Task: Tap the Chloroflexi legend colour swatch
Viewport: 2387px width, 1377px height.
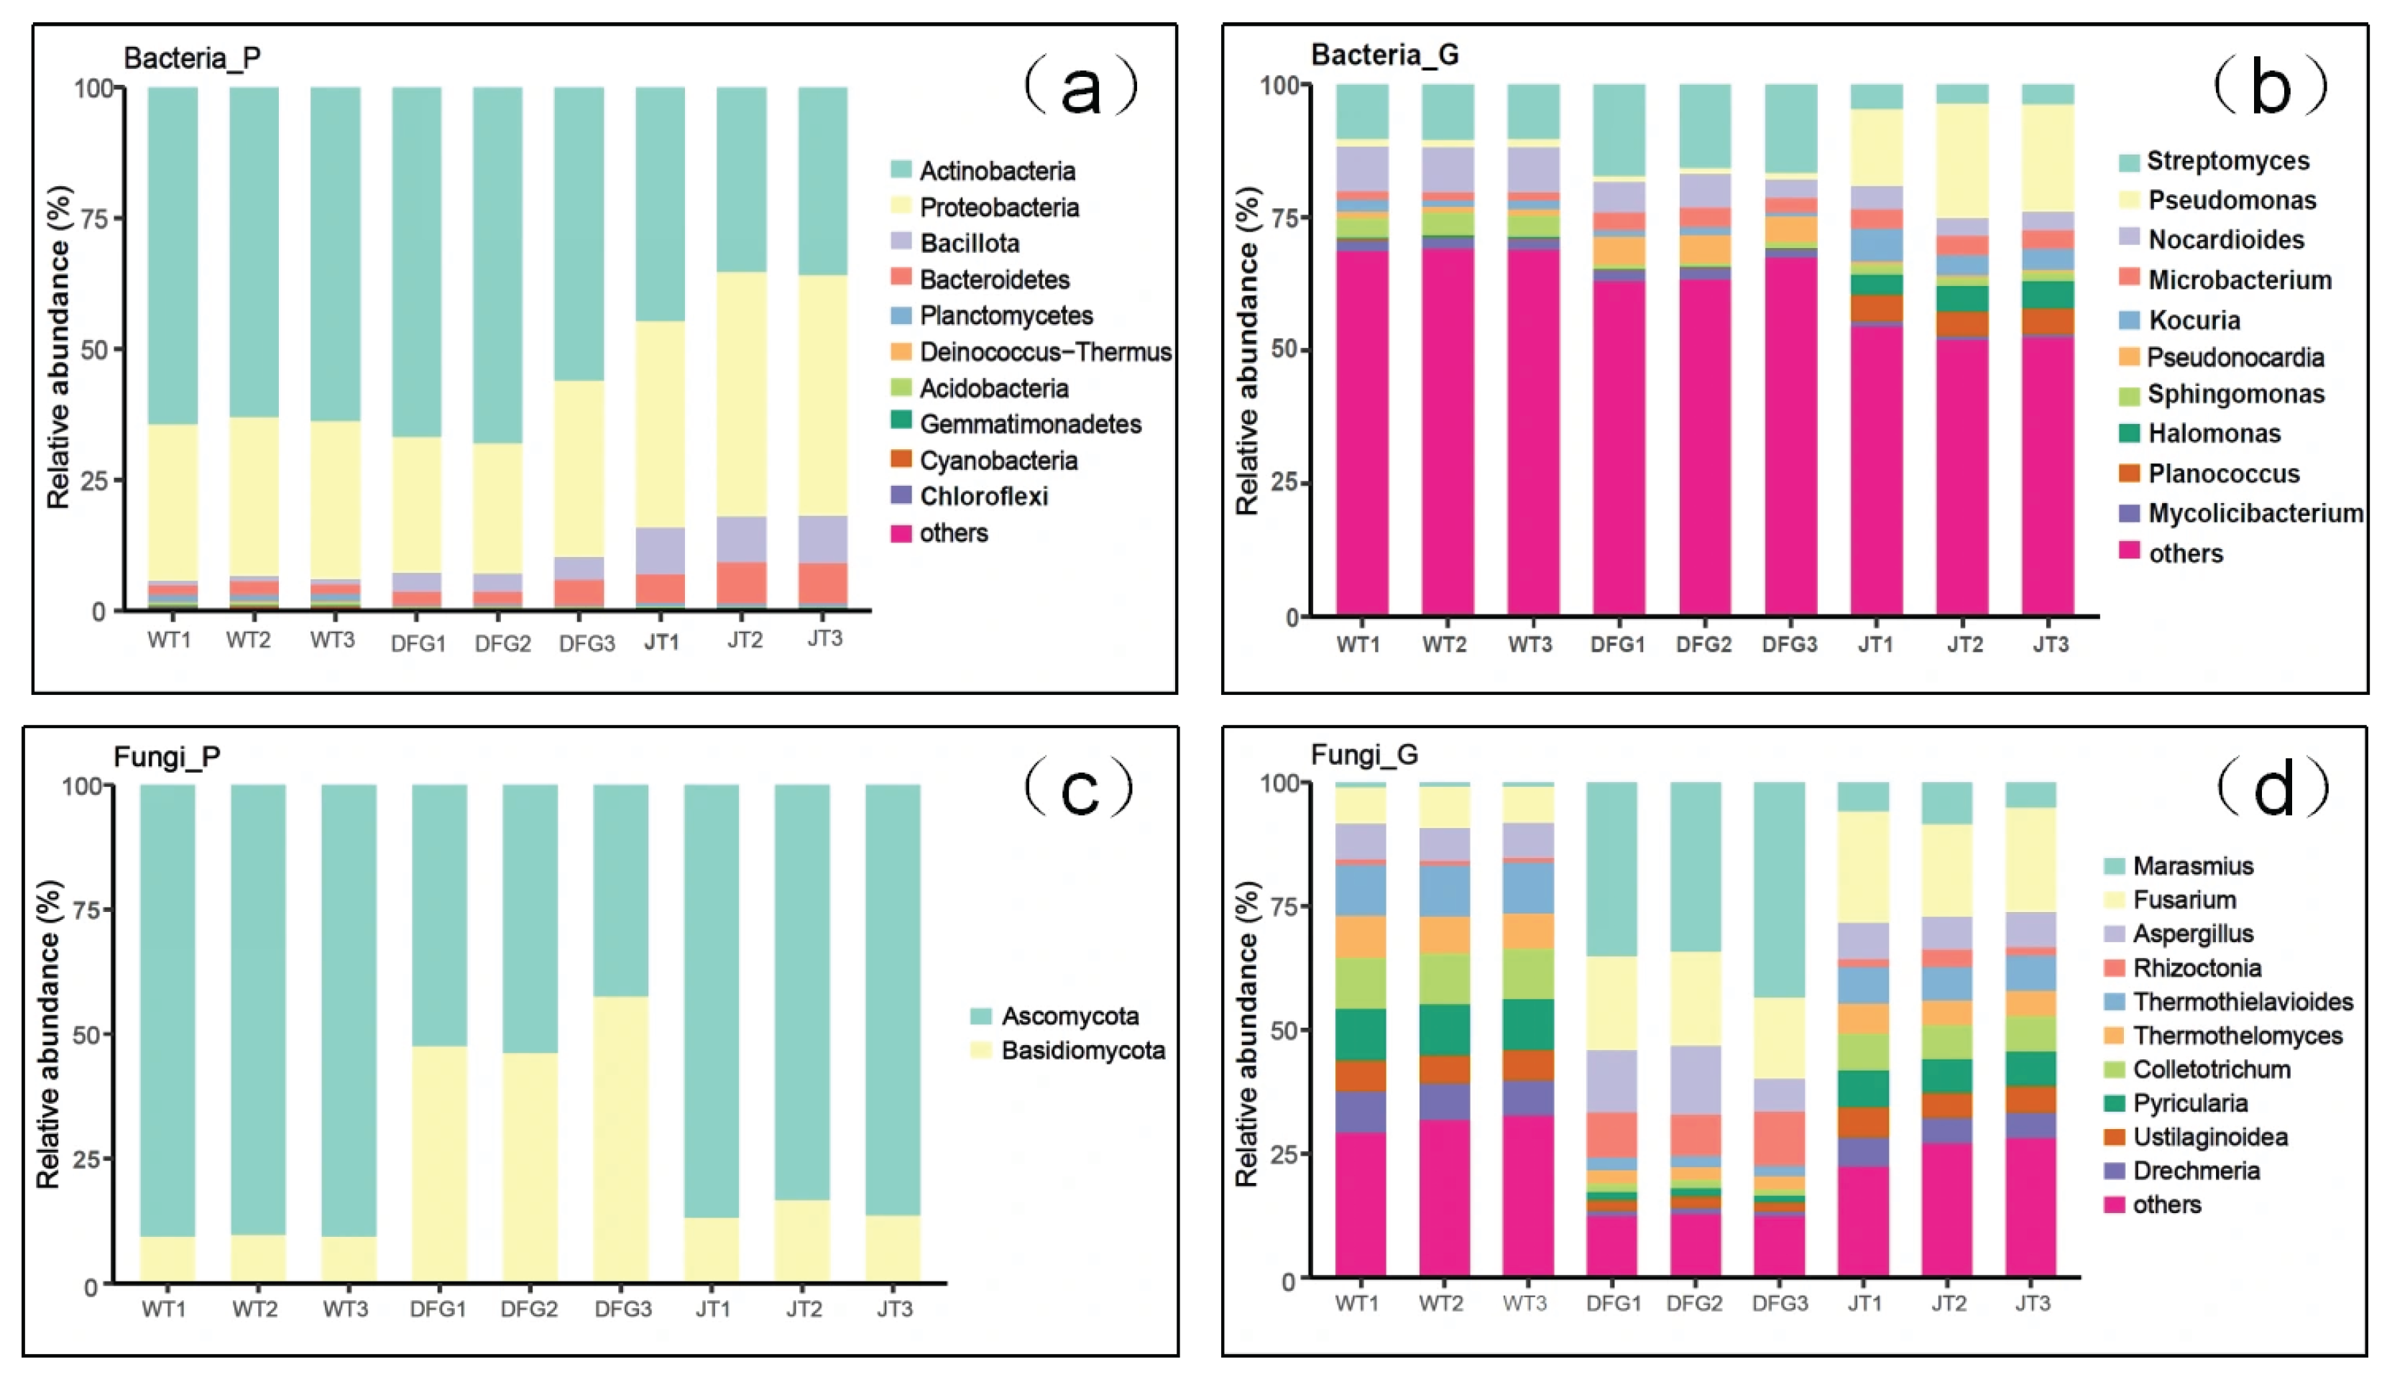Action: [901, 496]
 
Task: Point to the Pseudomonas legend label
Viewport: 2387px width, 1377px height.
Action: [2232, 200]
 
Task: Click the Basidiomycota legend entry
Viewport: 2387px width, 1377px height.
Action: [1083, 1051]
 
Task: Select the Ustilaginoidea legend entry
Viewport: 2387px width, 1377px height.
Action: [2210, 1137]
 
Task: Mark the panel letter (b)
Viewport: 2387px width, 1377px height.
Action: [2270, 87]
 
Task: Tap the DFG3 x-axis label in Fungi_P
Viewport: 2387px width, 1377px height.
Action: [623, 1309]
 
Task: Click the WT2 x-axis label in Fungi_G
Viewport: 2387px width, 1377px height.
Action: [1441, 1303]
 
